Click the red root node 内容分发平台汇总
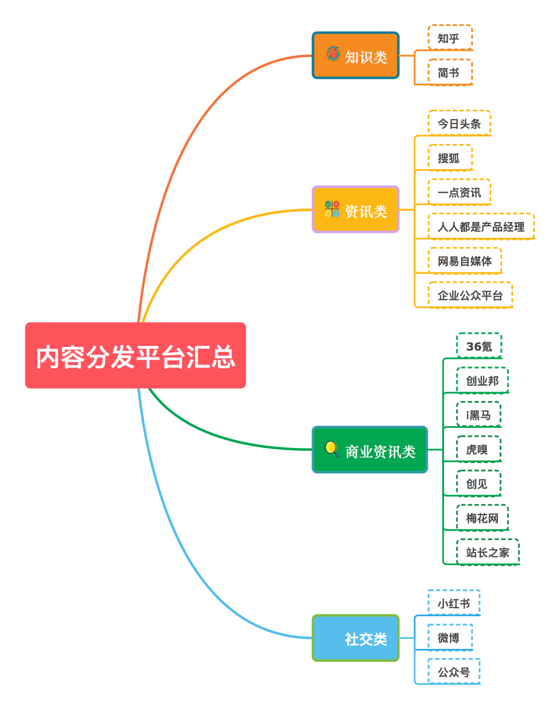click(x=135, y=355)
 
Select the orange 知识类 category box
click(x=356, y=55)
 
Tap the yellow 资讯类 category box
click(x=356, y=210)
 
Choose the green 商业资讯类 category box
click(x=370, y=450)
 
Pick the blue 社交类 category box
click(x=356, y=638)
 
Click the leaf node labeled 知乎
click(x=450, y=38)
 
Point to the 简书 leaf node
click(x=450, y=73)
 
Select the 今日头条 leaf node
click(x=459, y=124)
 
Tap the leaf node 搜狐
click(x=450, y=158)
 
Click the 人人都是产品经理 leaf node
click(x=481, y=227)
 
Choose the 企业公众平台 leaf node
click(x=470, y=295)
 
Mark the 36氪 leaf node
click(x=479, y=346)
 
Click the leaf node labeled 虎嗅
click(x=478, y=450)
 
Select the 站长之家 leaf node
click(x=488, y=553)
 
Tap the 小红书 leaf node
click(x=454, y=603)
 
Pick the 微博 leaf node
click(x=450, y=637)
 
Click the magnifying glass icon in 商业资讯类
click(x=332, y=448)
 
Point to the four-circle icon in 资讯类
click(x=332, y=209)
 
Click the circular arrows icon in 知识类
click(x=333, y=53)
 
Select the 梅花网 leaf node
click(x=482, y=518)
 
